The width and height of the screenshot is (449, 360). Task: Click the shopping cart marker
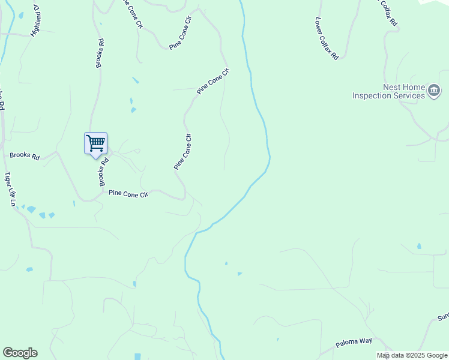[x=95, y=144]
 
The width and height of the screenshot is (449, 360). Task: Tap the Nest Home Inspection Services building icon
[x=433, y=91]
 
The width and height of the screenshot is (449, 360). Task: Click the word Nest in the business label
[x=392, y=87]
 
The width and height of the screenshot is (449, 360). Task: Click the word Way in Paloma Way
[x=366, y=340]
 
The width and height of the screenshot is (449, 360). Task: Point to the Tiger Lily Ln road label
[x=9, y=190]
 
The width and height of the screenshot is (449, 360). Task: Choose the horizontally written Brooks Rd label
[x=25, y=156]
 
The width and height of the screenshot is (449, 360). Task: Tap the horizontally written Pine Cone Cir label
[x=128, y=193]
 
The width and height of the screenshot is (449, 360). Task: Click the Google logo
[x=20, y=353]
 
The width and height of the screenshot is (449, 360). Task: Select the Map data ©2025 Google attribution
[x=412, y=355]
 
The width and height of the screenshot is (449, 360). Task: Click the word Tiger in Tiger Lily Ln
[x=7, y=179]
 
